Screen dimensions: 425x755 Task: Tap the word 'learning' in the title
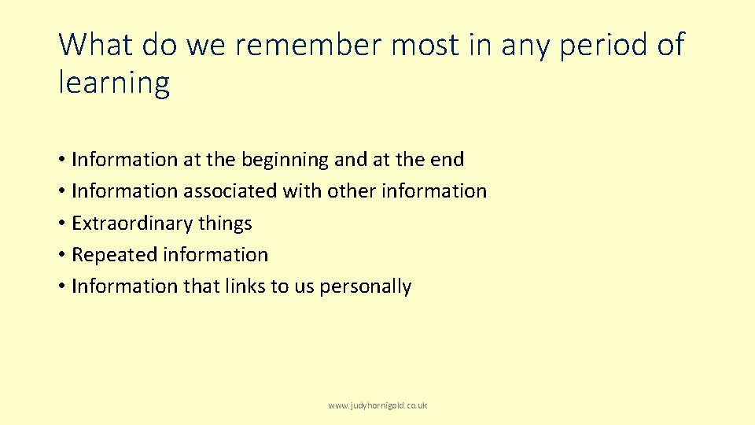114,83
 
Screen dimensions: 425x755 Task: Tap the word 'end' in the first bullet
447,160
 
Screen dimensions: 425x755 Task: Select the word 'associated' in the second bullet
230,191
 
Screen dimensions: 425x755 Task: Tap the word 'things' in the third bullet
225,224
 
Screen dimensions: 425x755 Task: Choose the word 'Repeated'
114,255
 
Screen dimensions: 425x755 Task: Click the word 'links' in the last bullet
245,286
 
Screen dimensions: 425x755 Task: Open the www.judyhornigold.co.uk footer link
377,405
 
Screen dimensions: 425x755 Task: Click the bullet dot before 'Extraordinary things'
61,224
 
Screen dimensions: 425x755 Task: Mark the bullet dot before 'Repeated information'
61,255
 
